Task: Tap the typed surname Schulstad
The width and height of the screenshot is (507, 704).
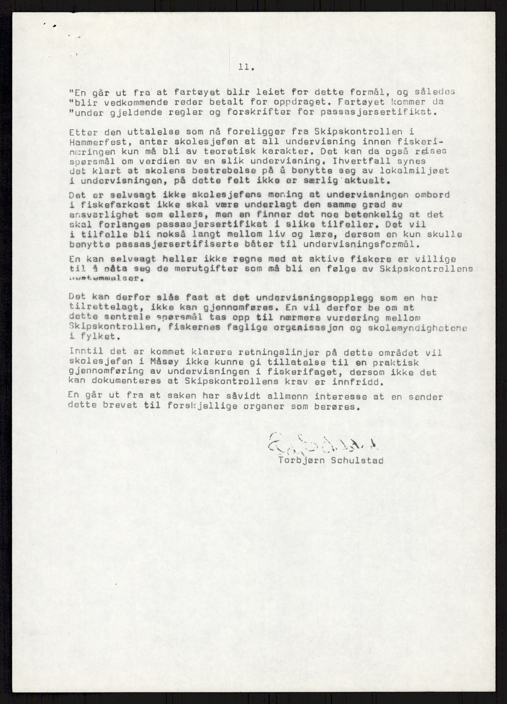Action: (357, 460)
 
